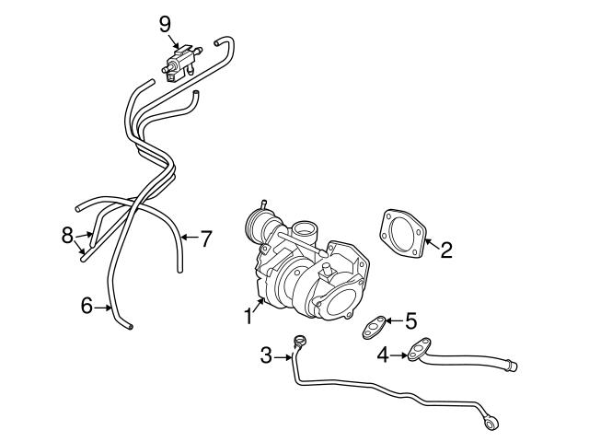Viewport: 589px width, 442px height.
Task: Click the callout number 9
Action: tap(165, 21)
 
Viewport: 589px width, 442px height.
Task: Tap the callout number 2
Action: tap(445, 249)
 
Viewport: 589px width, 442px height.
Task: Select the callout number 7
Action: tap(206, 239)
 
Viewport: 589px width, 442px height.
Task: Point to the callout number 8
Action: tap(67, 236)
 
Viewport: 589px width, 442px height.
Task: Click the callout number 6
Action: tap(87, 306)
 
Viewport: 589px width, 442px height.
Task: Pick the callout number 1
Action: tap(248, 317)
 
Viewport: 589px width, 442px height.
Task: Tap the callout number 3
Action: tap(266, 355)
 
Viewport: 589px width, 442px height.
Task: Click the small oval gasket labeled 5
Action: tap(373, 325)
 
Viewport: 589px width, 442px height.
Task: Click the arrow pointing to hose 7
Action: tap(187, 238)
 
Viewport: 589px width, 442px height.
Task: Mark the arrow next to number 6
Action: tap(104, 306)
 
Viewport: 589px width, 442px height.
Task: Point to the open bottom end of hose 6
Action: tap(130, 325)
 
